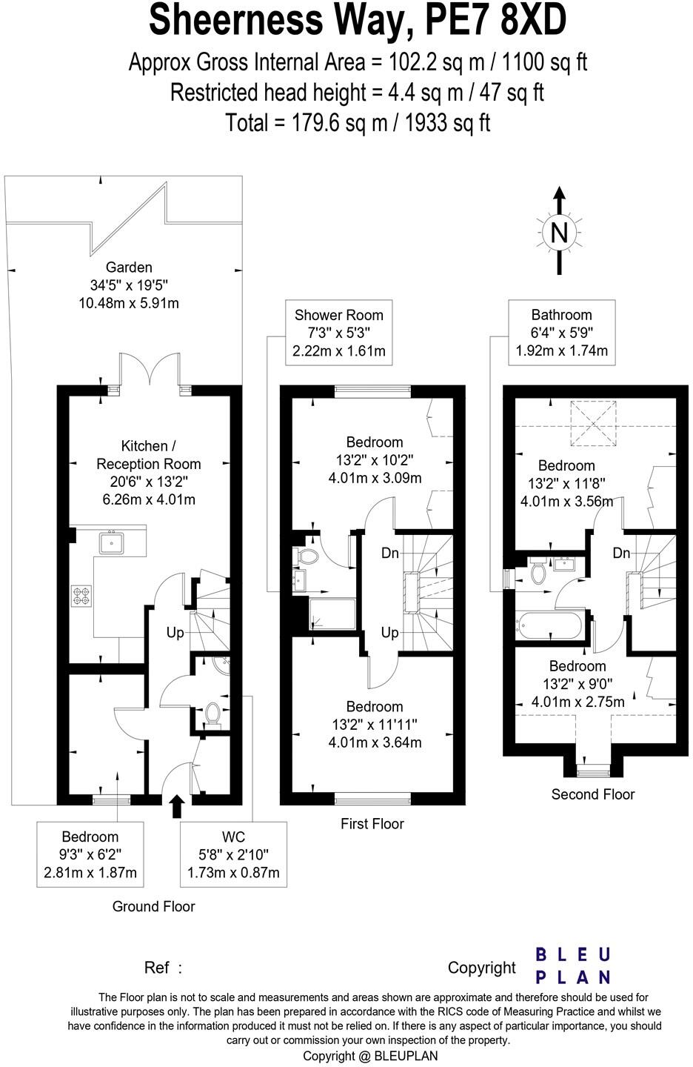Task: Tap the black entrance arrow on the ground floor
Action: (177, 806)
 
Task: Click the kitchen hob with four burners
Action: (81, 596)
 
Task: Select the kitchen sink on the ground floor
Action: (111, 542)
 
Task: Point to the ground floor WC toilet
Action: (212, 714)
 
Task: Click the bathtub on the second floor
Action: (549, 625)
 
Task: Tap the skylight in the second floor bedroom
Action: (594, 424)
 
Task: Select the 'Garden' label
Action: (129, 267)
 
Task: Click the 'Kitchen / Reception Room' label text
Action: (149, 455)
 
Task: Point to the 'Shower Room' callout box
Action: (339, 333)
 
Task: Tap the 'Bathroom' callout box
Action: (562, 333)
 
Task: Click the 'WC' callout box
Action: (233, 854)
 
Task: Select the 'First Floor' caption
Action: (372, 824)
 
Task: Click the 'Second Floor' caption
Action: (593, 794)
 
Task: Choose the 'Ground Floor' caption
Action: (154, 906)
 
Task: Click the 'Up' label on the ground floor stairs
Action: (175, 633)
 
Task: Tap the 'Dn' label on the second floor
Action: (622, 553)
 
